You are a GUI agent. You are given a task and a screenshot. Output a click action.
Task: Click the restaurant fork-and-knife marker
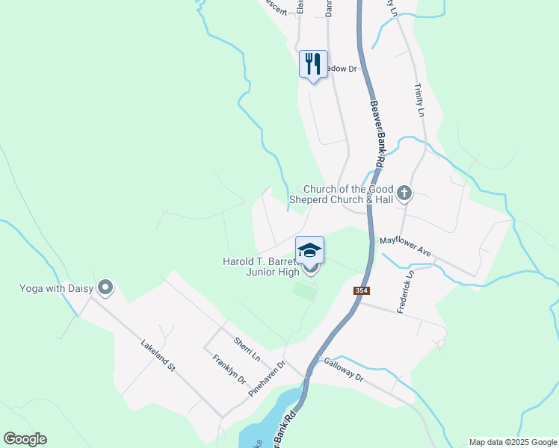pyautogui.click(x=313, y=63)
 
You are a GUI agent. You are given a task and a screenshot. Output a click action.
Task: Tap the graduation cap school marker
pyautogui.click(x=310, y=249)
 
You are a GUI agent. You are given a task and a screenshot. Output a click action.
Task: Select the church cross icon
pyautogui.click(x=404, y=194)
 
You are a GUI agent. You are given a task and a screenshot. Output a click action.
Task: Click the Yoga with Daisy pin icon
pyautogui.click(x=105, y=287)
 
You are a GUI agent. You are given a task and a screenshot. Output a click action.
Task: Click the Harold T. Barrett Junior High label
pyautogui.click(x=261, y=267)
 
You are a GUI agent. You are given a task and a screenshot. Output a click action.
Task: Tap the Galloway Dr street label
pyautogui.click(x=343, y=370)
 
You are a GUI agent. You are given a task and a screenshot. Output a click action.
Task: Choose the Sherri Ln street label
pyautogui.click(x=246, y=347)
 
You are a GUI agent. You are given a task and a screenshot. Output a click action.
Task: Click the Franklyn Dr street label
pyautogui.click(x=229, y=368)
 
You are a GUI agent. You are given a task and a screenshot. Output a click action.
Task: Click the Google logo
pyautogui.click(x=25, y=439)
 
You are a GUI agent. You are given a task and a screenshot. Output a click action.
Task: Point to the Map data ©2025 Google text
pyautogui.click(x=513, y=442)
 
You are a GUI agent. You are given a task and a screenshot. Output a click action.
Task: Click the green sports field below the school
pyautogui.click(x=304, y=290)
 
